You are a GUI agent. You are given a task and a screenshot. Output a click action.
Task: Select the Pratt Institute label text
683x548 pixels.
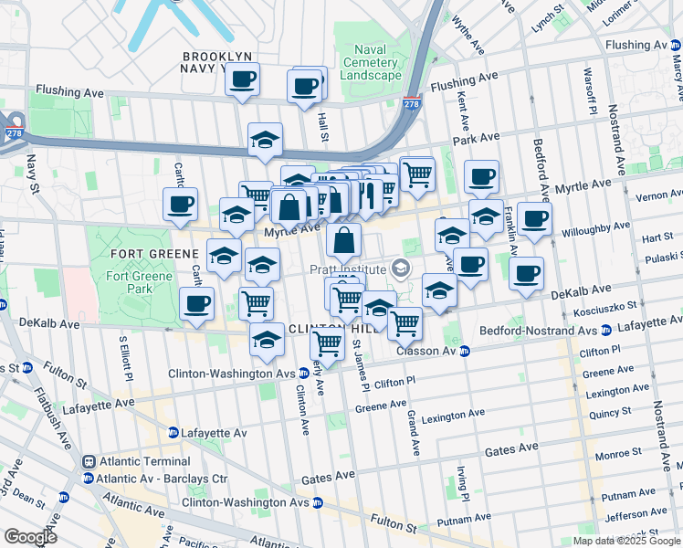pos(345,269)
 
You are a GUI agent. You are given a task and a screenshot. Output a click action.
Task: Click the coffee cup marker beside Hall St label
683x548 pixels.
pos(304,88)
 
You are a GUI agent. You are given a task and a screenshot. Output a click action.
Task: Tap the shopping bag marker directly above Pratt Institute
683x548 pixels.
pos(344,241)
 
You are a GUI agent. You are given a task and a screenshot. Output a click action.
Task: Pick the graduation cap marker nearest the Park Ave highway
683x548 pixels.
pos(265,140)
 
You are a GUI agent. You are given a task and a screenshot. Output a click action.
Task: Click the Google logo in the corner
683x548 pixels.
pos(30,536)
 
